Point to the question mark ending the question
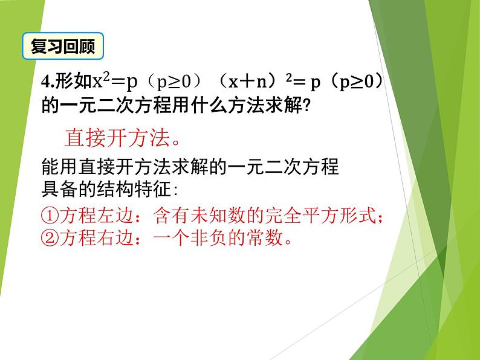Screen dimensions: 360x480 click(306, 107)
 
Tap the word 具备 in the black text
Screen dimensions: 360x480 click(59, 190)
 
